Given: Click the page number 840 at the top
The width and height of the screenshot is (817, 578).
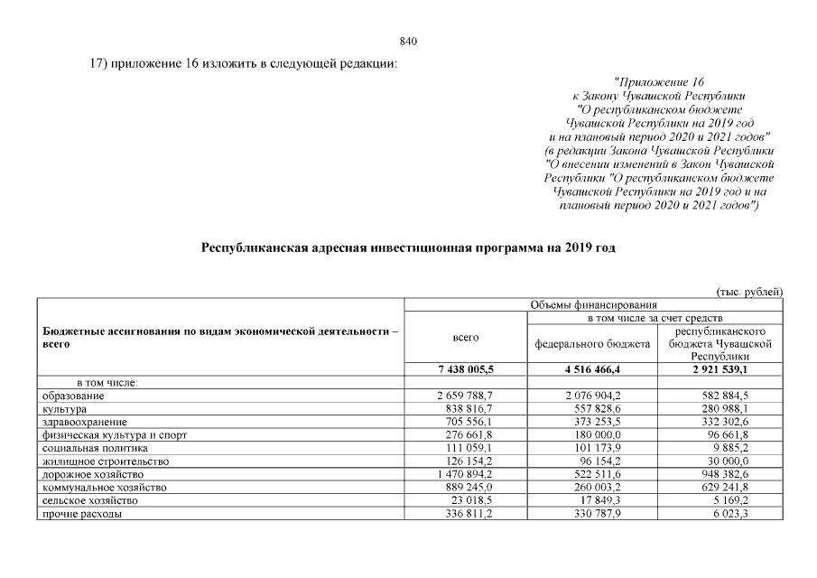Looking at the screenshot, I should pos(407,41).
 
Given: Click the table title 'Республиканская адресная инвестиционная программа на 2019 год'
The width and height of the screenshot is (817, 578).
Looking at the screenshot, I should pos(408,246).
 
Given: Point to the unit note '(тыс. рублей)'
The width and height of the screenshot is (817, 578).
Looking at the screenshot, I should pos(748,291).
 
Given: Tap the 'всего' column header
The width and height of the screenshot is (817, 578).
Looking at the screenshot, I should pos(465,337).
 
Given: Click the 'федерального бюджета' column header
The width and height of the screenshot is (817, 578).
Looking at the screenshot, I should pos(592,344).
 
